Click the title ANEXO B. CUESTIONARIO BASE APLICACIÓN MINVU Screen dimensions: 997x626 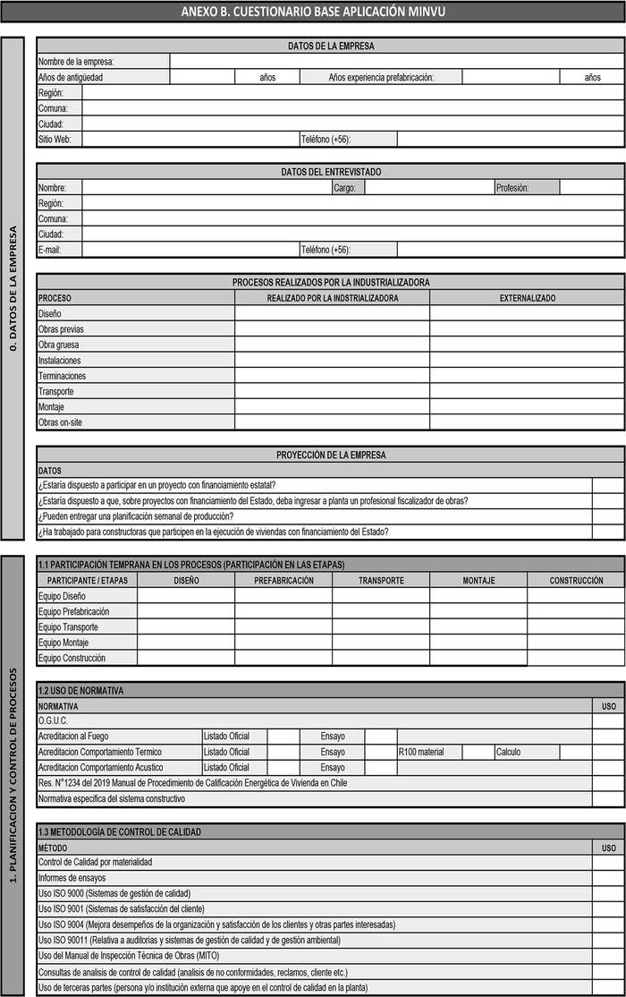point(312,12)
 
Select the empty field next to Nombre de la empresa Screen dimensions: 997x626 point(396,61)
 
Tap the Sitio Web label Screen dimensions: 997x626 point(55,140)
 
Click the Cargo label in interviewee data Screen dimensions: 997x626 point(344,188)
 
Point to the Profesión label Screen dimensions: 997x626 point(512,188)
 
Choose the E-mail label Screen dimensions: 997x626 point(49,250)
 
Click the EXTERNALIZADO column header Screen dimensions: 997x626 point(527,298)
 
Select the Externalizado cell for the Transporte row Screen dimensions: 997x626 point(527,391)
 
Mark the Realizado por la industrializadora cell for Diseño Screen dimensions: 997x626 point(332,314)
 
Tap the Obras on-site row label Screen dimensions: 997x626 point(60,422)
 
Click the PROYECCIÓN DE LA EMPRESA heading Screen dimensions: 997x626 point(331,455)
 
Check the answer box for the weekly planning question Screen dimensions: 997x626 point(608,516)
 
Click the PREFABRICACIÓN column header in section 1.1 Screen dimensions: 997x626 point(283,581)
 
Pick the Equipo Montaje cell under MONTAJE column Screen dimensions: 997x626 point(478,643)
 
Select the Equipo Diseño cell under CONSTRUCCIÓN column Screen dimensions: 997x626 point(575,596)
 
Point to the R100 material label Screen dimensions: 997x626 point(421,752)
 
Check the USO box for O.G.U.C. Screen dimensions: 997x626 point(608,720)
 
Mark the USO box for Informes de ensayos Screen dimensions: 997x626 point(608,878)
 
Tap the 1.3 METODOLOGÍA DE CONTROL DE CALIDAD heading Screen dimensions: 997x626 point(119,831)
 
